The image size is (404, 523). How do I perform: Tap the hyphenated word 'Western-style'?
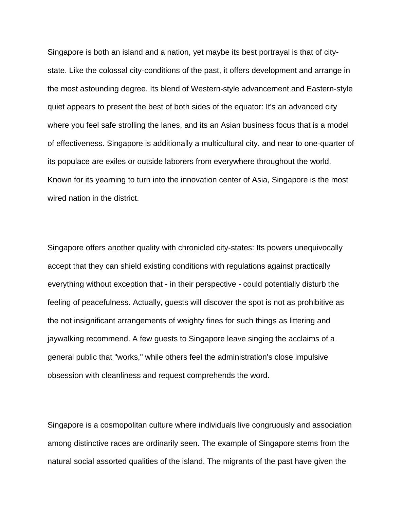pos(213,89)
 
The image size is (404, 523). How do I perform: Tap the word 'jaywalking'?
pos(66,339)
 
